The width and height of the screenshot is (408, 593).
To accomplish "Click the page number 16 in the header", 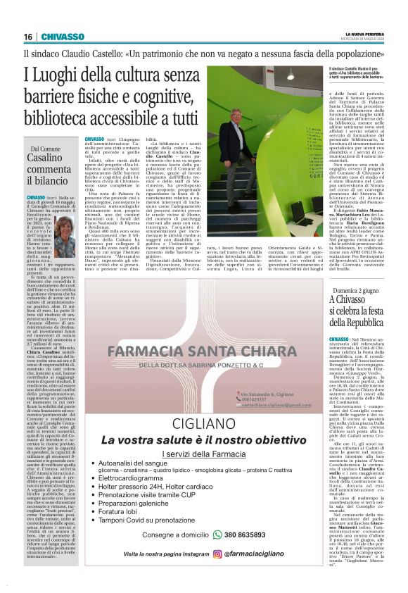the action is click(28, 37).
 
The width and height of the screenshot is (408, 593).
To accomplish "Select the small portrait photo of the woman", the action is click(65, 236).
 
